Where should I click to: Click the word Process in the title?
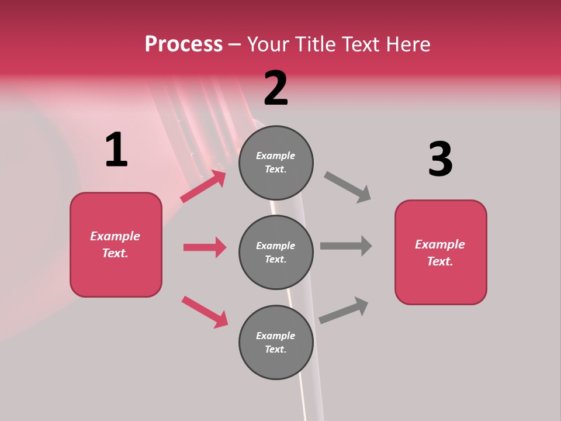(183, 44)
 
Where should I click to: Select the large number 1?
(116, 150)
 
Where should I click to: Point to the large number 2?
(276, 88)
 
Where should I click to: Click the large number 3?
(440, 159)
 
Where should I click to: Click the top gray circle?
(276, 163)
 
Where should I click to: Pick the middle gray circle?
(276, 253)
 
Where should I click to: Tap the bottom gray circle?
(276, 343)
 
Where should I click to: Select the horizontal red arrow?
(205, 247)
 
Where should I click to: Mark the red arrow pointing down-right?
(205, 312)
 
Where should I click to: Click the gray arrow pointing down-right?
(348, 187)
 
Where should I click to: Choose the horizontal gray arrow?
(346, 246)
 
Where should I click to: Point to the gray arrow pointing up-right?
(344, 310)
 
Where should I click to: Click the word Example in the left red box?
(115, 236)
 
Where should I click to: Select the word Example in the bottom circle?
(275, 336)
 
